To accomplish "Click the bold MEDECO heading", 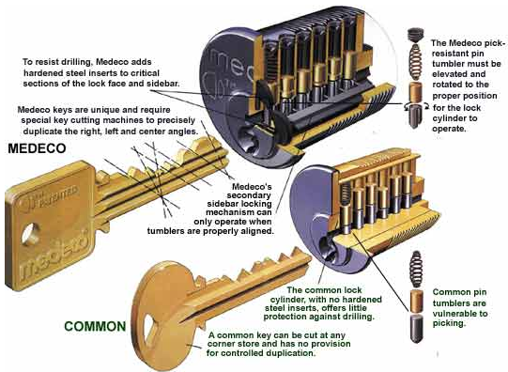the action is coord(37,148).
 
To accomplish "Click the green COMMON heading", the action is coord(95,326).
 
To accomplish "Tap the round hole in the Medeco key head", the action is coord(30,234).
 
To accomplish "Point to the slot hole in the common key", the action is coord(150,330).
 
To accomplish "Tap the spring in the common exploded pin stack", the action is coord(416,269).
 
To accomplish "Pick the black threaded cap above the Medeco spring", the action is coord(415,35).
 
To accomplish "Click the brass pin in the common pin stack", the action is coord(416,301).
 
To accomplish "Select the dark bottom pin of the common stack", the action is coord(416,328).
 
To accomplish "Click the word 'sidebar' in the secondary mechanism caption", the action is coord(239,204).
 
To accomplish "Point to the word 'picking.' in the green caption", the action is coord(449,323).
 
